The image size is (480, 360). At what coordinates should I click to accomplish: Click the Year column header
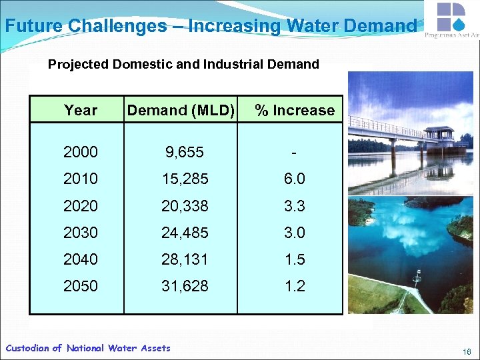(81, 110)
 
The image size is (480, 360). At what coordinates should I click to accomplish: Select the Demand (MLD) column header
(181, 110)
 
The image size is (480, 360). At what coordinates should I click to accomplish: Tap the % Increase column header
(295, 110)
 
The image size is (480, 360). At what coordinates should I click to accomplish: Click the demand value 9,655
(185, 152)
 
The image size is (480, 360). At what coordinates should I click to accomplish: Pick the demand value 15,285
(185, 179)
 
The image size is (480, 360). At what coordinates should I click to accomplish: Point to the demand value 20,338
(185, 206)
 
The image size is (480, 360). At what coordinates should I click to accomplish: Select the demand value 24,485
(185, 233)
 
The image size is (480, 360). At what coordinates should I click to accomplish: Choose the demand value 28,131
(185, 259)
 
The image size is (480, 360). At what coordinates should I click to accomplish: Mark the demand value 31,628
(185, 286)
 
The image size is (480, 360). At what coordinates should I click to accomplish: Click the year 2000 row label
(81, 152)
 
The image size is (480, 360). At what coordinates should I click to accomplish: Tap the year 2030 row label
(81, 233)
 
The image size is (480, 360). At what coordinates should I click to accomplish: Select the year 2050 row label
(81, 286)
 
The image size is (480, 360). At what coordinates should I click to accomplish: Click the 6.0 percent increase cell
(294, 179)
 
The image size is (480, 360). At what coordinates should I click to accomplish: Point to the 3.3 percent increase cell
(294, 206)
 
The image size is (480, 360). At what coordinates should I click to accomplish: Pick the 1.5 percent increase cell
(294, 259)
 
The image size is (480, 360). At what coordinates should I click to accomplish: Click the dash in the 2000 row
(294, 153)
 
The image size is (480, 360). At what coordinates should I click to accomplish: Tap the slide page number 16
(467, 351)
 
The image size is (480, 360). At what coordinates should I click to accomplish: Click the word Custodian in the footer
(27, 348)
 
